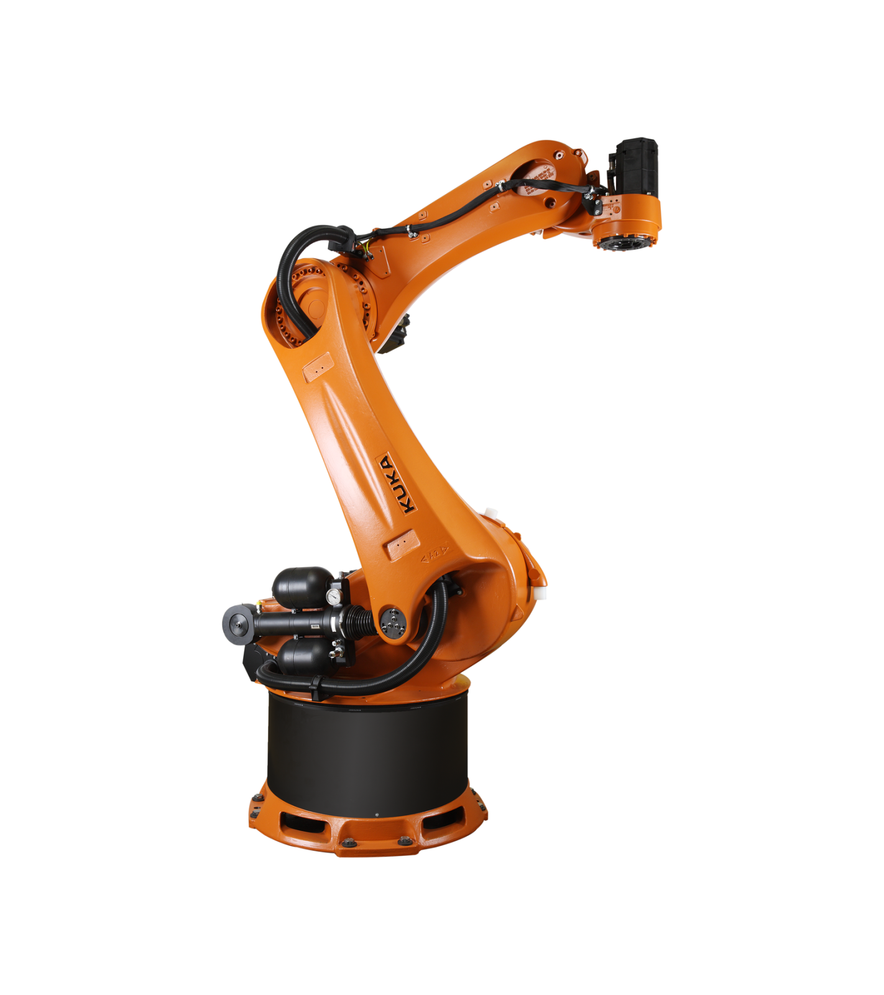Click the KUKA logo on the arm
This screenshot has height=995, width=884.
coord(396,484)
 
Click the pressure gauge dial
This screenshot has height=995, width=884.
coord(334,596)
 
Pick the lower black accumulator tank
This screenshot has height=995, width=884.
coord(303,657)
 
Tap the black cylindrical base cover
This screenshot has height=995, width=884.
coord(367,752)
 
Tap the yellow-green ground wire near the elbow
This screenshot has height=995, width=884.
coord(369,249)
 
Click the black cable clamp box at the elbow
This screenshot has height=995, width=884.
coord(345,239)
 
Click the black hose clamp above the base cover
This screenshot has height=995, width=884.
coord(316,688)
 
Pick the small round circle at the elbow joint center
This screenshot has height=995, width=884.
coord(316,307)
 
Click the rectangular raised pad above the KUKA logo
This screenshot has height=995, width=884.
coord(317,369)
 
